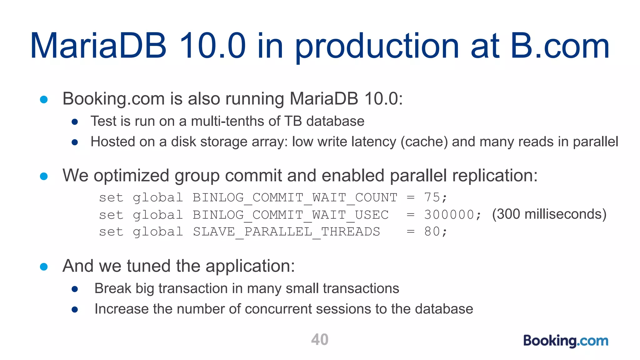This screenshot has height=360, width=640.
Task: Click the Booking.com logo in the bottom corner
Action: [566, 341]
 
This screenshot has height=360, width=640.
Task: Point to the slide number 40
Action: [320, 340]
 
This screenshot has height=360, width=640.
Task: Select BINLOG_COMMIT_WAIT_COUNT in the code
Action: [295, 198]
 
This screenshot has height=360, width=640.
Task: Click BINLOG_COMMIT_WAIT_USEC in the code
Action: [291, 215]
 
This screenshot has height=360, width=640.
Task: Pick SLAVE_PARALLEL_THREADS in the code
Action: [286, 232]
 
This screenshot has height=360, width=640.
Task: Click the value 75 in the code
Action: [432, 197]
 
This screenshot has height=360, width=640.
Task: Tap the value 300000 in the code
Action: [449, 215]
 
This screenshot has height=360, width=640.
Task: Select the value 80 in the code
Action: [432, 232]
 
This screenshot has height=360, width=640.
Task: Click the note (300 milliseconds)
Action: [549, 214]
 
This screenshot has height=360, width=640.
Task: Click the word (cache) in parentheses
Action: [424, 142]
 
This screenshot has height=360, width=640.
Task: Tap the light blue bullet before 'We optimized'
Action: [44, 176]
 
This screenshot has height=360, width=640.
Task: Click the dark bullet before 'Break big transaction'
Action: [75, 289]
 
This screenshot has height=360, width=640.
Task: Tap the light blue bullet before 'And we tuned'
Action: [44, 267]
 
